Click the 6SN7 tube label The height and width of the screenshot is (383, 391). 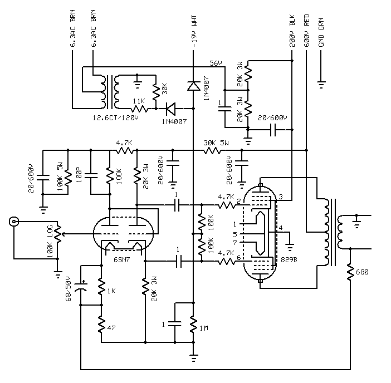coord(121,259)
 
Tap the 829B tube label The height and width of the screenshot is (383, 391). coord(289,259)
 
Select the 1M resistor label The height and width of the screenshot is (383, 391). coord(204,328)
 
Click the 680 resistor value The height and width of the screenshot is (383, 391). coord(362,272)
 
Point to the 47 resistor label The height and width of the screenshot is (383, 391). coord(111,328)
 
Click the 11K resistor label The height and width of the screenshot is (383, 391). coord(139,101)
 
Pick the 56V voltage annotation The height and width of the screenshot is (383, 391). coord(216,63)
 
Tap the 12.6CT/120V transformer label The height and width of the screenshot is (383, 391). coord(115,117)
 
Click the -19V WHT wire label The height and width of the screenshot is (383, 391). coord(194,31)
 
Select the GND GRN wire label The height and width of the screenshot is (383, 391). coord(321,32)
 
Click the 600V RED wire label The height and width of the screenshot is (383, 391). coord(307,31)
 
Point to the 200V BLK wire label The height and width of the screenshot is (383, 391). coord(292,31)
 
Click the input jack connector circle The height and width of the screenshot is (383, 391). coord(14,222)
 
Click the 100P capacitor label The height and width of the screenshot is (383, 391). coord(79,175)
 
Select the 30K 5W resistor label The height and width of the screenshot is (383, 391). coord(216,143)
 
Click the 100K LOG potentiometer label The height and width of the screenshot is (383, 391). coord(50,241)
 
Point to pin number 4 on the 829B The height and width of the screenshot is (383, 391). coord(281,228)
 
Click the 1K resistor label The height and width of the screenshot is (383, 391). coord(111,291)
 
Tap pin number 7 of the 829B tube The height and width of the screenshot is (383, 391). coord(235,243)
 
